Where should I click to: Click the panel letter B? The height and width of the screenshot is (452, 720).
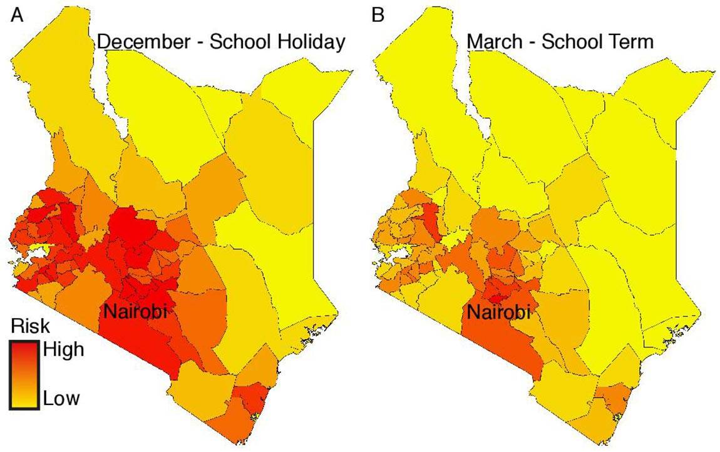pyautogui.click(x=378, y=16)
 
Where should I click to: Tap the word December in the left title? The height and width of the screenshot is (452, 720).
pyautogui.click(x=142, y=42)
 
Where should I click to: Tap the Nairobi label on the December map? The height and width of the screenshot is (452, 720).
pyautogui.click(x=135, y=311)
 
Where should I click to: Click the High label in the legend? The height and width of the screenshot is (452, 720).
pyautogui.click(x=63, y=349)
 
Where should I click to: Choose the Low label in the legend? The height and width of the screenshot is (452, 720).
pyautogui.click(x=61, y=398)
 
